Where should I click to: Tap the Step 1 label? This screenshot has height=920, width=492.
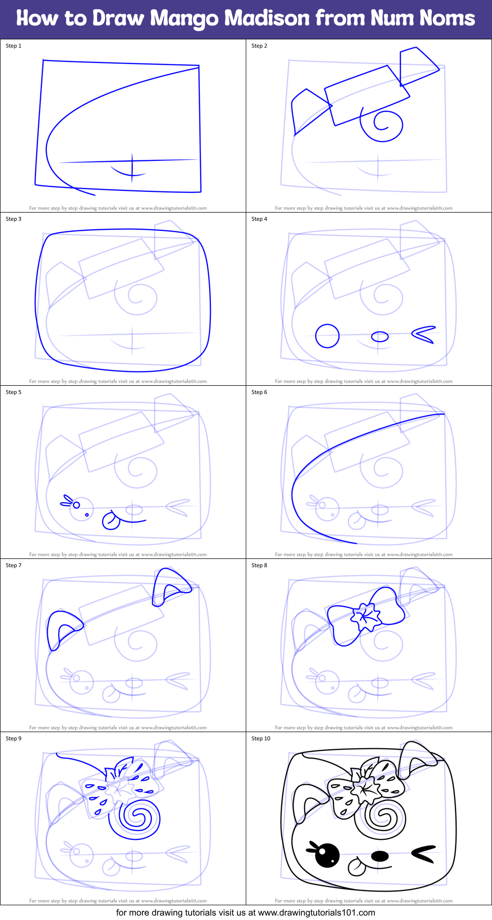pyautogui.click(x=14, y=46)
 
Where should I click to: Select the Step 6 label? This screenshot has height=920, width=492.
pyautogui.click(x=259, y=392)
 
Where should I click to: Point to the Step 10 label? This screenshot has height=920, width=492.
pyautogui.click(x=261, y=738)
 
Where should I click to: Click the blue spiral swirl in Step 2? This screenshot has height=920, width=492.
pyautogui.click(x=382, y=125)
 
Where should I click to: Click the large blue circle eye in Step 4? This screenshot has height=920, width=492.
pyautogui.click(x=328, y=336)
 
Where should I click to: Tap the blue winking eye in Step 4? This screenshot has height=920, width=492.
pyautogui.click(x=424, y=335)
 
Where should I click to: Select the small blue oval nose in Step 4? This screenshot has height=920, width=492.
pyautogui.click(x=380, y=337)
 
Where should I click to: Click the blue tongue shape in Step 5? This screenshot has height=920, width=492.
pyautogui.click(x=111, y=521)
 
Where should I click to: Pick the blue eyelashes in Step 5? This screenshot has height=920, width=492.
pyautogui.click(x=66, y=501)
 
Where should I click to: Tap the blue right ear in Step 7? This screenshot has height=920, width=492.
pyautogui.click(x=170, y=585)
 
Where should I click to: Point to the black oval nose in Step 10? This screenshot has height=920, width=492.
pyautogui.click(x=380, y=856)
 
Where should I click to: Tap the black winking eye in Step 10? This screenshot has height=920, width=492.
pyautogui.click(x=424, y=854)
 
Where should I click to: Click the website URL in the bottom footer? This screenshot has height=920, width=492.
pyautogui.click(x=316, y=913)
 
